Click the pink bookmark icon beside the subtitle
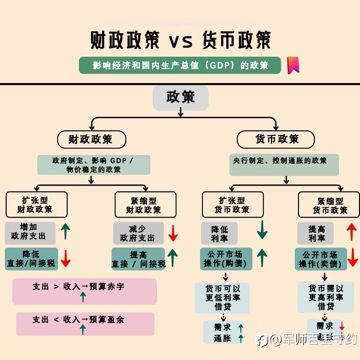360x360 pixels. tap(293, 65)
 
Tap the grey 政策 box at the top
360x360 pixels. tap(181, 98)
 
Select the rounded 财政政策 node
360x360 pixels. tap(92, 139)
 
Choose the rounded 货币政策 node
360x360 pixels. tap(276, 139)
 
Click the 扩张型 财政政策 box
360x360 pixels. tap(37, 205)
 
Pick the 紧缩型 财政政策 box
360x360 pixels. tap(146, 205)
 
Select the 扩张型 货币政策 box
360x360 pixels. tap(233, 205)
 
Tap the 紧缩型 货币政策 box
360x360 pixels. tap(329, 205)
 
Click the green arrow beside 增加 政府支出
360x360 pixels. tap(65, 231)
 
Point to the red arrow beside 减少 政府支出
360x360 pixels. tap(173, 233)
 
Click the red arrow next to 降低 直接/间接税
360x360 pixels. tap(66, 259)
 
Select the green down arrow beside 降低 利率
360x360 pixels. tap(262, 230)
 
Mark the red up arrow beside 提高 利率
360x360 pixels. tap(352, 232)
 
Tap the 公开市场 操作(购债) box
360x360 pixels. tap(226, 259)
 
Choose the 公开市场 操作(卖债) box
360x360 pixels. tap(321, 259)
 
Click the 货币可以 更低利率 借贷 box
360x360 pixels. tap(222, 298)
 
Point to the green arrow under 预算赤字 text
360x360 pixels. tap(83, 297)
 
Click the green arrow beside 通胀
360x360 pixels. tap(241, 339)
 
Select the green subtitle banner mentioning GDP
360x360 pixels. tap(180, 65)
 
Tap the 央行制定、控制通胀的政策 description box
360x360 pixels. tap(284, 165)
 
